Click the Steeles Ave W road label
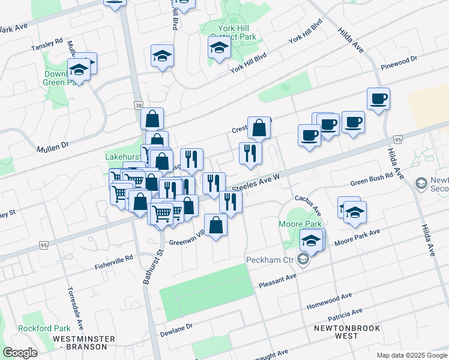coord(256,182)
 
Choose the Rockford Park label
coord(44,328)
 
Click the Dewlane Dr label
coord(176,328)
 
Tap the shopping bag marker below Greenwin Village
coord(216,226)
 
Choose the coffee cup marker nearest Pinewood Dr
coord(379,98)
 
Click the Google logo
coord(20,353)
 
